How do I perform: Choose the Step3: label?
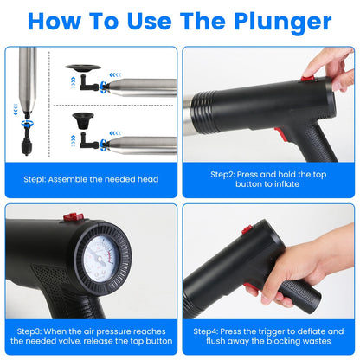36,330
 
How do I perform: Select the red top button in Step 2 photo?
306,78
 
